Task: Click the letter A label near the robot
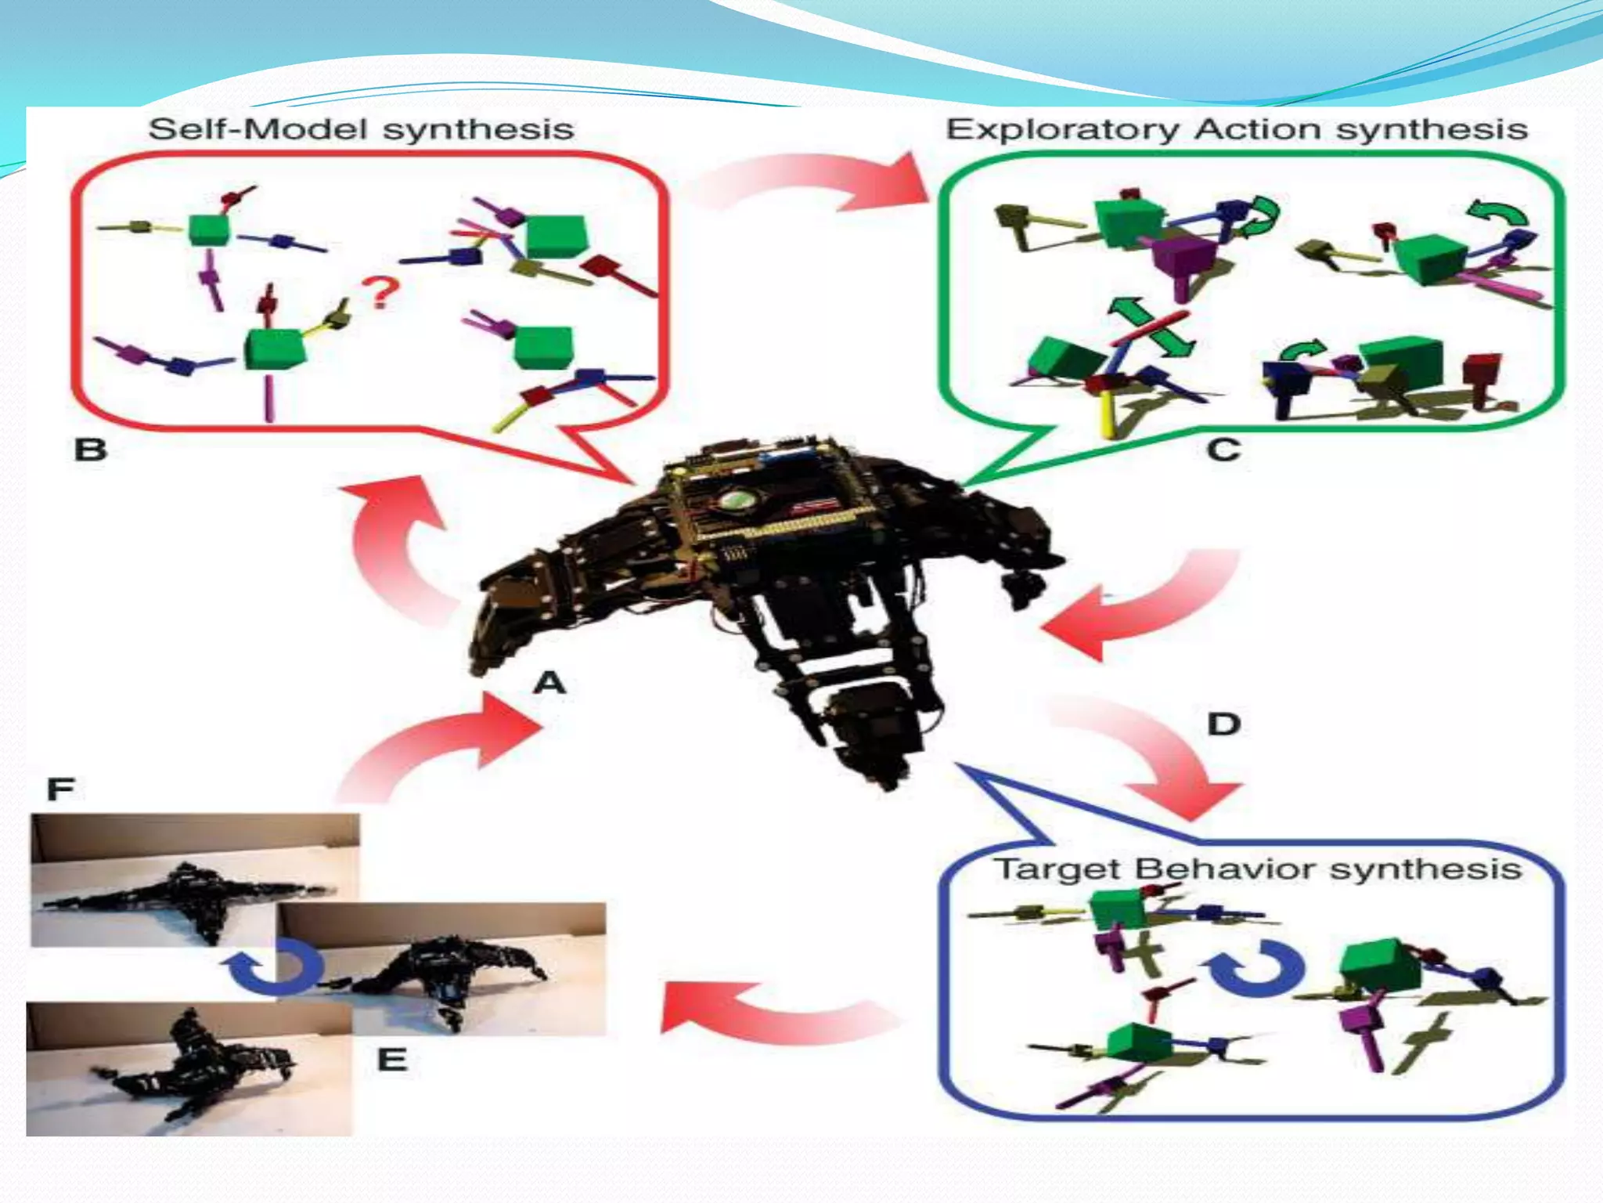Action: click(x=549, y=683)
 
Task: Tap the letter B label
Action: click(x=90, y=450)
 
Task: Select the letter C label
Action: click(x=1223, y=450)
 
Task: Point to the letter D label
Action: click(x=1223, y=724)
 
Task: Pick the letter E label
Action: click(x=392, y=1060)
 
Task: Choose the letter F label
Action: click(x=60, y=788)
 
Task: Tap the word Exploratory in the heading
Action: click(x=1062, y=130)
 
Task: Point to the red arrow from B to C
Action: click(x=814, y=184)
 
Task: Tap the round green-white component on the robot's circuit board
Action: click(x=735, y=500)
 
